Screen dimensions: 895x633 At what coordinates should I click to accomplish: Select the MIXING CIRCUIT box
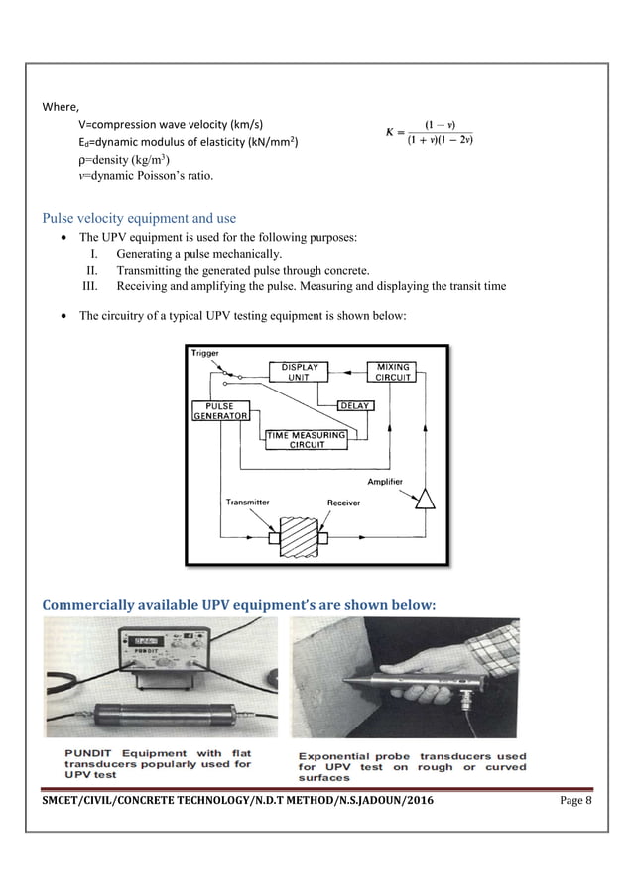[x=391, y=372]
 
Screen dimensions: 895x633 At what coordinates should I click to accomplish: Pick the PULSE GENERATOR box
[x=219, y=411]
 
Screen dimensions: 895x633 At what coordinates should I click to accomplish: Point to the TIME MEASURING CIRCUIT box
[x=306, y=439]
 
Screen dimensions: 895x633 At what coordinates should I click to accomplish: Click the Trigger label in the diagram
[x=205, y=353]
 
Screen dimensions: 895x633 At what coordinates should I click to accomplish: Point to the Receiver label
[x=343, y=503]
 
